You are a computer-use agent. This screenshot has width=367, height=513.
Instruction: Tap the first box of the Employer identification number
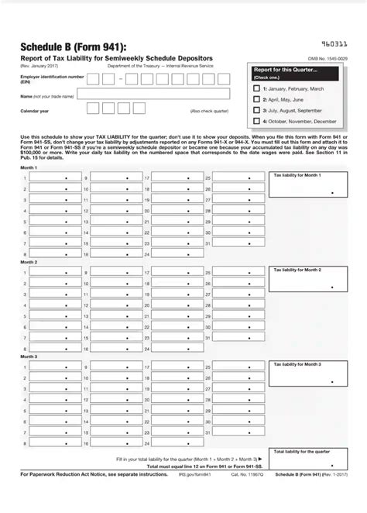coord(93,78)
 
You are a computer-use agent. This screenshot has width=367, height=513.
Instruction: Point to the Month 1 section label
coord(29,167)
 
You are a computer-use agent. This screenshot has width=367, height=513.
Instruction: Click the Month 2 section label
coord(29,263)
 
